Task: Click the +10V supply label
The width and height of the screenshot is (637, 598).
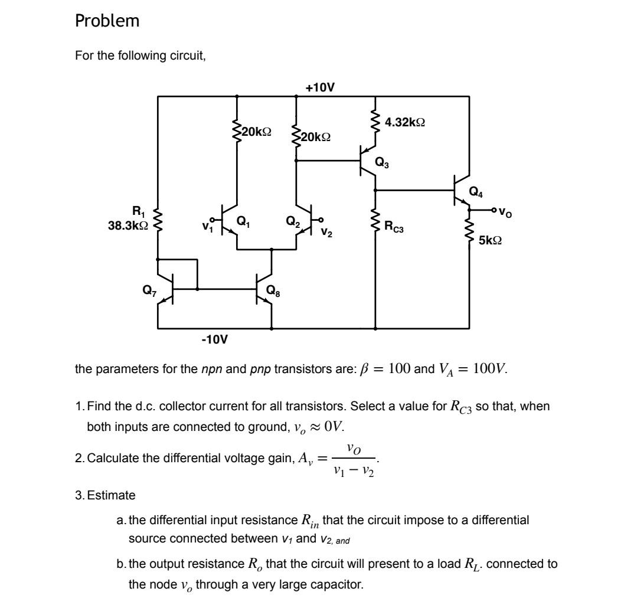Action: [320, 87]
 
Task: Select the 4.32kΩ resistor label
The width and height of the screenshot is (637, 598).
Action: [405, 122]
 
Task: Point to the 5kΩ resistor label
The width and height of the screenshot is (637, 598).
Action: [491, 241]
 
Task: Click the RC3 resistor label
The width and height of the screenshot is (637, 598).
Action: [394, 226]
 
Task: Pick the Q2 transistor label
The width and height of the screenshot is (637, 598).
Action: [293, 221]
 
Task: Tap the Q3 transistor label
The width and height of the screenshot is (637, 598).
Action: [382, 164]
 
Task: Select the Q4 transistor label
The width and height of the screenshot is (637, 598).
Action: [475, 191]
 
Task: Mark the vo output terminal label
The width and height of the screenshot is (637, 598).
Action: [505, 211]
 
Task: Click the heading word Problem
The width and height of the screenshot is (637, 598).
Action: [107, 21]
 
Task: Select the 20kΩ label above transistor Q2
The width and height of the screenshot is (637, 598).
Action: [316, 137]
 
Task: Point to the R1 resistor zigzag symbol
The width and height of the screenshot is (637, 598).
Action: [158, 218]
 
